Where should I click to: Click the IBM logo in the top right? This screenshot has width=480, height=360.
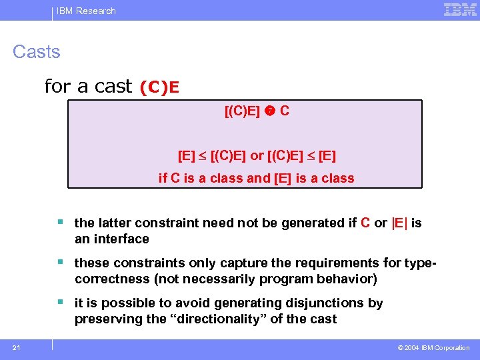[x=460, y=9]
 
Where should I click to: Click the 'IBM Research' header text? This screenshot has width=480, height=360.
[x=86, y=11]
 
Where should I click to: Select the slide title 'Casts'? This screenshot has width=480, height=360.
[x=37, y=52]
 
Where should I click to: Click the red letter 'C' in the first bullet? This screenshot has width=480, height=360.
[x=365, y=223]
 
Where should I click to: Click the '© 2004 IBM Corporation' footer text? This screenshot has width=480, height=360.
[x=433, y=348]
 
